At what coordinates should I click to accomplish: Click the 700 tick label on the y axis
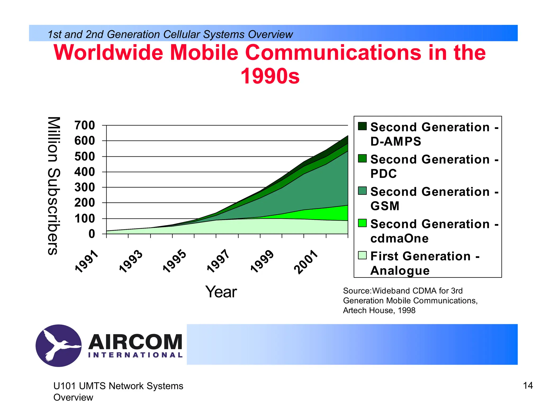click(84, 125)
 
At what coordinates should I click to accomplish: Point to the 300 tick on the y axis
click(84, 187)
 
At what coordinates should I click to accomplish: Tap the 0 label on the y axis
click(92, 234)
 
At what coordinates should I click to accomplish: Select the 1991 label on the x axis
click(87, 261)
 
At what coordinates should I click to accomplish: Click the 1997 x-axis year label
click(218, 261)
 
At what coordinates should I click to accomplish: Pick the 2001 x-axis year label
click(306, 262)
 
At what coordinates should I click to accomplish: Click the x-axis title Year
click(221, 292)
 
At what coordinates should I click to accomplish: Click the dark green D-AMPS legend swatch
click(362, 126)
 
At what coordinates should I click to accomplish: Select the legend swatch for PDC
click(362, 158)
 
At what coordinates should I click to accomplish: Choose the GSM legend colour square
click(362, 191)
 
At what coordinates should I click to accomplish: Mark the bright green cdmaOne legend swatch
click(362, 223)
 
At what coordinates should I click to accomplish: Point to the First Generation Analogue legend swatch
click(362, 255)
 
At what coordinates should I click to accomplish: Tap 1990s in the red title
click(270, 76)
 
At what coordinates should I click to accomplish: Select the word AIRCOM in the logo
click(135, 342)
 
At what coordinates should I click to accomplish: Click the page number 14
click(528, 386)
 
